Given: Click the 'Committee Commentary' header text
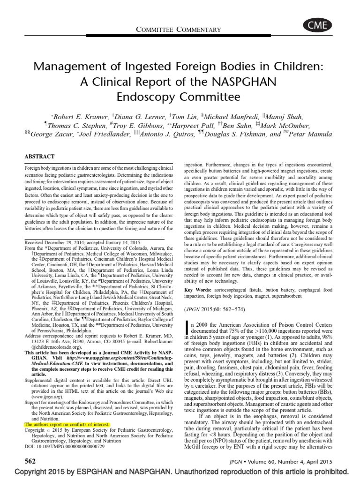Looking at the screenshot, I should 179,30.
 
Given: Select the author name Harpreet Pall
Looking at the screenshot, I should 193,126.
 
